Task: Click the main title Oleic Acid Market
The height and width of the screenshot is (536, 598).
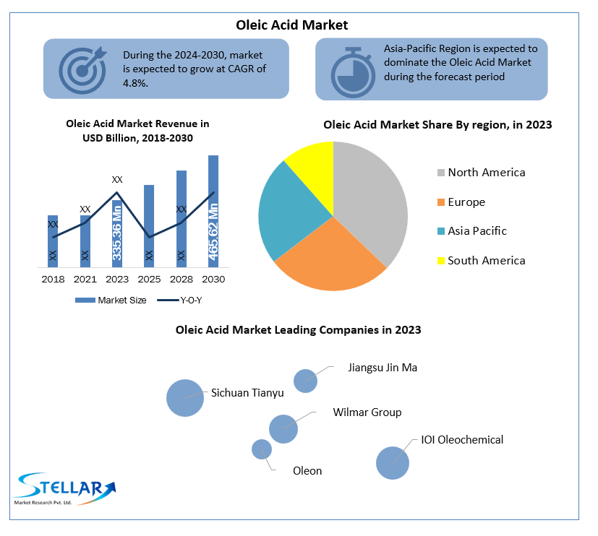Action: [x=292, y=25]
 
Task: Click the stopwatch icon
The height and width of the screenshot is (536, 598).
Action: [x=351, y=71]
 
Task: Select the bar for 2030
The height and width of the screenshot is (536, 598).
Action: [x=213, y=209]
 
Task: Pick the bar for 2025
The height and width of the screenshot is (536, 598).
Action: [x=149, y=224]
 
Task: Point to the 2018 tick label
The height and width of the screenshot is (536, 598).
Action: [x=53, y=279]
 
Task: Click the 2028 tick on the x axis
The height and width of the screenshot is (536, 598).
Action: [x=181, y=279]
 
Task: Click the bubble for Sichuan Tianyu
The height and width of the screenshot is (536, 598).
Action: [x=185, y=398]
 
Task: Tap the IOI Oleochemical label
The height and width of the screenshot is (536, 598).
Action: [x=462, y=439]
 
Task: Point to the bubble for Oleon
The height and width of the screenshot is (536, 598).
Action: [x=262, y=449]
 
